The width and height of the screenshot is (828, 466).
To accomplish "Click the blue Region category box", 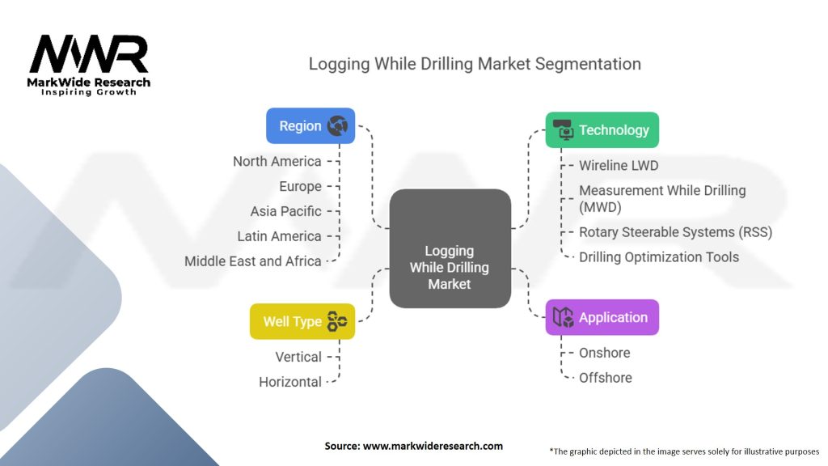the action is point(310,125).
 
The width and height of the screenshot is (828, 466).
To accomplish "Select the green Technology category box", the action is point(602,130).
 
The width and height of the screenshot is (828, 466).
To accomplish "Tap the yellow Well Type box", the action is point(302,321).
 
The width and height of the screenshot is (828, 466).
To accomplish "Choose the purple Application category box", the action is point(602,317).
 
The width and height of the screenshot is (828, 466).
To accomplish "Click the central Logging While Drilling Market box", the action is point(450,248).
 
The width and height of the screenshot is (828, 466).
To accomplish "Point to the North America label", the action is point(277,161).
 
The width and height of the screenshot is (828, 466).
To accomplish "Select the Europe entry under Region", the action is point(300,187).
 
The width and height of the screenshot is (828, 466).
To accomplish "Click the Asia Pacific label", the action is point(285,211).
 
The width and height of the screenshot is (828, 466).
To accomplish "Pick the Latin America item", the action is point(279,236).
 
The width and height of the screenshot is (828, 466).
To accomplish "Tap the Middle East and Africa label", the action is point(253,261).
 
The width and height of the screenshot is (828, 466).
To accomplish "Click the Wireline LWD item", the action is point(619,165).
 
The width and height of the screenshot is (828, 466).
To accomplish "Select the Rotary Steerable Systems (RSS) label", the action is point(676,232).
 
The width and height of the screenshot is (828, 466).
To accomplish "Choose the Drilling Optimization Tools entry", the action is point(659,257).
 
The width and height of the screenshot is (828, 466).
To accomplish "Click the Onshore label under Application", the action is point(605,353).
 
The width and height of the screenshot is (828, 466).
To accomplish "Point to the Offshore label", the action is point(606,378).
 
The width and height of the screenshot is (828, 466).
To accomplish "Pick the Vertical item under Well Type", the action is point(298,357).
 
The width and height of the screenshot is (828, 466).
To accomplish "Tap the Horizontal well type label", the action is point(290,382).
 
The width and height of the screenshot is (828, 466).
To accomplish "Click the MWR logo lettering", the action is point(89,54).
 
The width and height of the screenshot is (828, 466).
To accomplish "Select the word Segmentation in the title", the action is point(588,64).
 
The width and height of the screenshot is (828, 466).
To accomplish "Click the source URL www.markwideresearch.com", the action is point(433,446).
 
